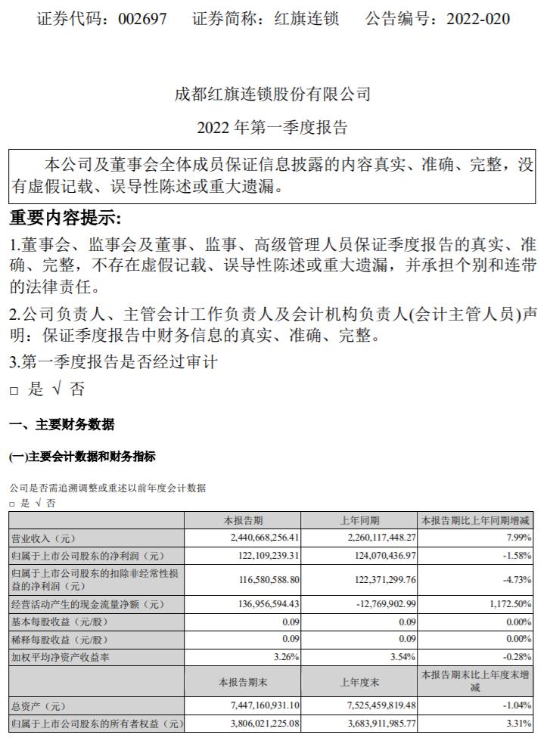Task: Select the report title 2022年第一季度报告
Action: [x=272, y=127]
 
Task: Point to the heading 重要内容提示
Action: [x=65, y=219]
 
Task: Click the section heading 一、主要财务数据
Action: [x=62, y=425]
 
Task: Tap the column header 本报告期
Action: [x=244, y=520]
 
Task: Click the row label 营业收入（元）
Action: [x=44, y=538]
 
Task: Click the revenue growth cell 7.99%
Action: [x=517, y=538]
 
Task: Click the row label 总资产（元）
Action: [x=39, y=706]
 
